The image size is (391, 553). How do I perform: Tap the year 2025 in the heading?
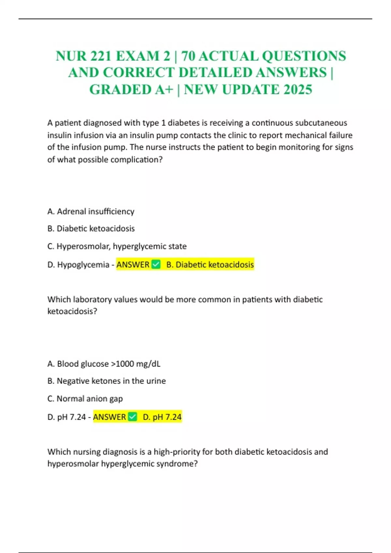tap(298, 89)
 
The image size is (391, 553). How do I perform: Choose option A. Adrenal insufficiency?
tap(91, 211)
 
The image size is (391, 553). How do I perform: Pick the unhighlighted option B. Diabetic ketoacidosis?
tap(91, 228)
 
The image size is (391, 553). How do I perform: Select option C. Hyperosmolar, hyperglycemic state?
tap(117, 246)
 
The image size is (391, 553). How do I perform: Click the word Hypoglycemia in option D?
tap(83, 264)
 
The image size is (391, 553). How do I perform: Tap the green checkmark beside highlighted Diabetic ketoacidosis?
tap(156, 264)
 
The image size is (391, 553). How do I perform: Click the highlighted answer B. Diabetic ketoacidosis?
tap(210, 264)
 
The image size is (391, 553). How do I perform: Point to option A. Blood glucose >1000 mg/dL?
tap(104, 364)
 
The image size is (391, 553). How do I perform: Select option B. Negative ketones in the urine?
tap(107, 381)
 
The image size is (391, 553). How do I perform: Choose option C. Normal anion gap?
tap(85, 398)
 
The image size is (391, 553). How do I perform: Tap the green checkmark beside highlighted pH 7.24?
tap(133, 417)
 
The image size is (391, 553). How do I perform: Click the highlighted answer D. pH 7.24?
tap(162, 417)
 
